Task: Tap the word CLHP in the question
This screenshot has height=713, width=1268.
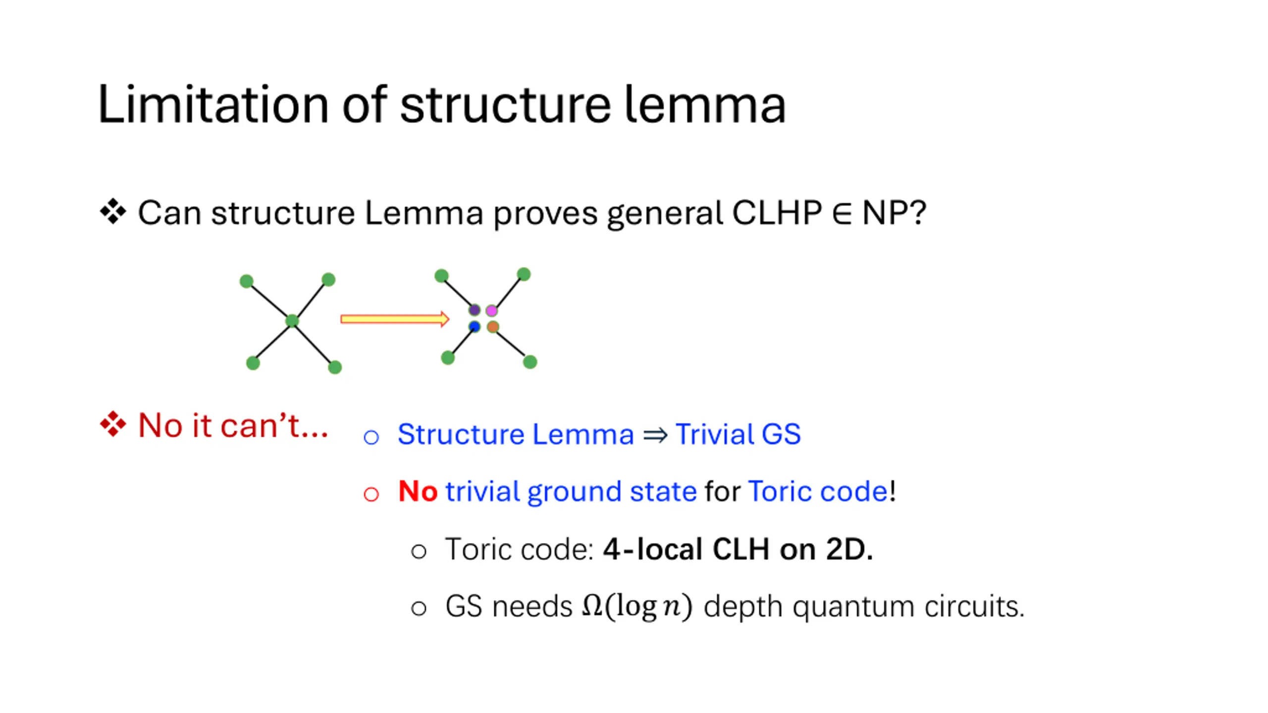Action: pyautogui.click(x=777, y=213)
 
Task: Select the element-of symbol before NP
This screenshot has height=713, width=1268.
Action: pyautogui.click(x=842, y=213)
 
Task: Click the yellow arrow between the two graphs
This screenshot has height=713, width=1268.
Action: pyautogui.click(x=395, y=319)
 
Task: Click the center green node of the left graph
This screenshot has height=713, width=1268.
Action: pyautogui.click(x=292, y=321)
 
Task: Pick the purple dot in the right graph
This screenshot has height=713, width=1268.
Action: pyautogui.click(x=474, y=310)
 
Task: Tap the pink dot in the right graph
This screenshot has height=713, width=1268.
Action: pyautogui.click(x=491, y=310)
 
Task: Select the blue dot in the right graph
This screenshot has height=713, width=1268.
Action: pyautogui.click(x=474, y=327)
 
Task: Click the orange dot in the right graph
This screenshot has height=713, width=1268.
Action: pyautogui.click(x=493, y=327)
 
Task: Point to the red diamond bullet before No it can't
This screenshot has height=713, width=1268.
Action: pyautogui.click(x=113, y=424)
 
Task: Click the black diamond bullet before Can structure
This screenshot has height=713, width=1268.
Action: pyautogui.click(x=113, y=211)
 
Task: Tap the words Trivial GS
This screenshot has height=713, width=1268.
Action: pyautogui.click(x=738, y=434)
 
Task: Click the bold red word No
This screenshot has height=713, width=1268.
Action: pyautogui.click(x=418, y=491)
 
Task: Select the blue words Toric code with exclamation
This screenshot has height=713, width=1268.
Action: pyautogui.click(x=822, y=491)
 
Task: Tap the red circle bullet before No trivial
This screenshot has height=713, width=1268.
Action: pyautogui.click(x=371, y=494)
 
